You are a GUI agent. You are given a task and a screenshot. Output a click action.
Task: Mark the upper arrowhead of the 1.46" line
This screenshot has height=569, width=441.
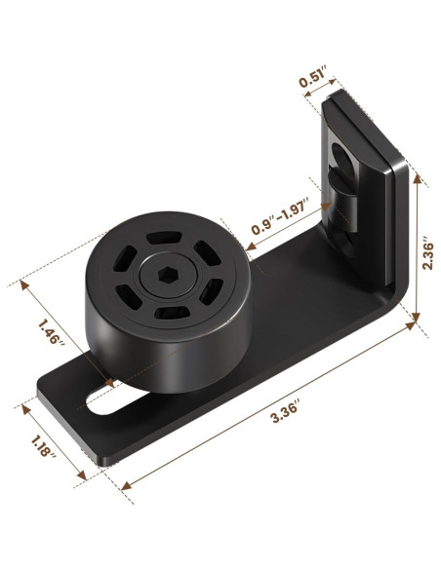(22, 284)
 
